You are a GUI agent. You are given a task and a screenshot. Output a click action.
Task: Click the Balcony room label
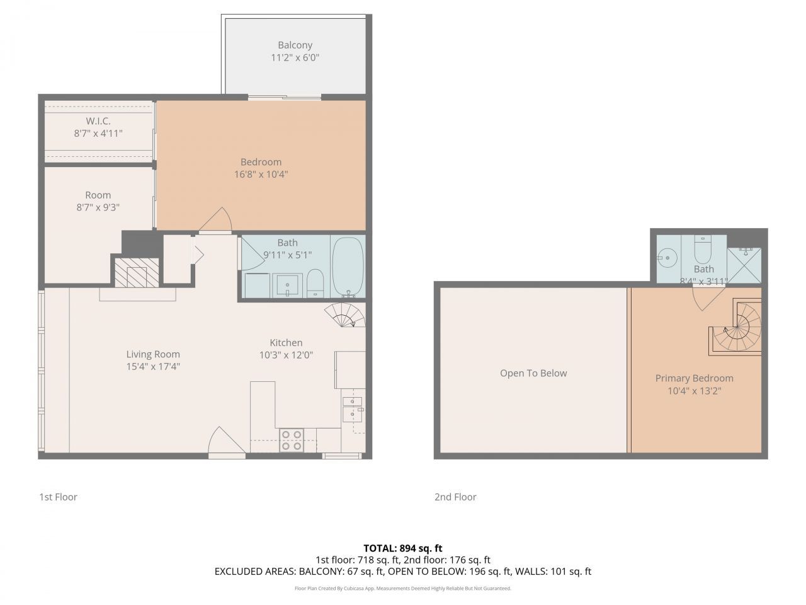click(x=295, y=45)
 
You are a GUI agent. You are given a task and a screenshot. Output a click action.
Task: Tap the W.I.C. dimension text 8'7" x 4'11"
click(x=98, y=134)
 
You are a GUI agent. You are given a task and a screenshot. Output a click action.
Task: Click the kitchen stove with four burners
click(x=291, y=440)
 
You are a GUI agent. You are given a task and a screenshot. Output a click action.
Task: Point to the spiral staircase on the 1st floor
click(x=344, y=314)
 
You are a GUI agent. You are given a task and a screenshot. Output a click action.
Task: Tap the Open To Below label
click(x=533, y=373)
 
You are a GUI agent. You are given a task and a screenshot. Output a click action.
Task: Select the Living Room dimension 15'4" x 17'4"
click(x=153, y=366)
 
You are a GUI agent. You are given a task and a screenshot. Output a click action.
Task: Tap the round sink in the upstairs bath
click(x=666, y=257)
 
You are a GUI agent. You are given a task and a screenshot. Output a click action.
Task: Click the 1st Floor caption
click(x=58, y=497)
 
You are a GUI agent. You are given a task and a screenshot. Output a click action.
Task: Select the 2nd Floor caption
click(x=455, y=497)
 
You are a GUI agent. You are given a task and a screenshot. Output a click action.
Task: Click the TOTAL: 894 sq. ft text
click(x=402, y=548)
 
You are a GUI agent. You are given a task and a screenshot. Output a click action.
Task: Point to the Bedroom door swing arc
click(x=217, y=220)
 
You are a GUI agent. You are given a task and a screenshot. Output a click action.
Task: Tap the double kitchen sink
click(x=353, y=408)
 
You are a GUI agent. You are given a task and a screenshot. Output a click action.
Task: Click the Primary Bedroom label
click(x=694, y=378)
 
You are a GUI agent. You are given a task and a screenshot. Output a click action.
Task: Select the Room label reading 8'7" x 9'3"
click(x=98, y=207)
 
